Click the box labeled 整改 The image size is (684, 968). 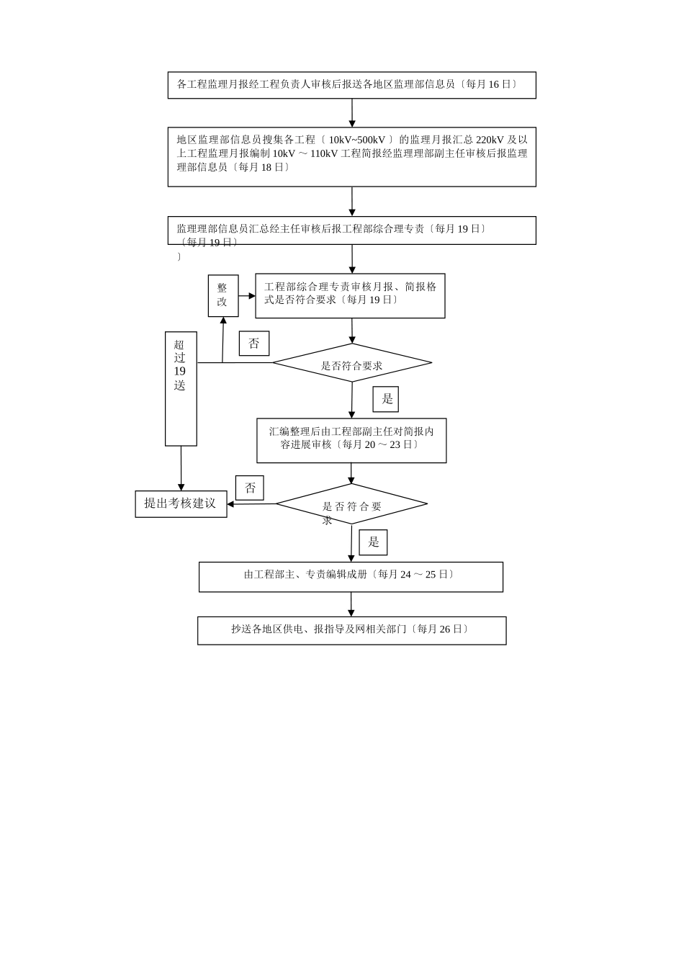pos(222,295)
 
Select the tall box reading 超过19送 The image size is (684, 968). pos(181,388)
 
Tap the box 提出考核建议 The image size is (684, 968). pos(181,503)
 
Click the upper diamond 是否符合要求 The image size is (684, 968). pos(352,363)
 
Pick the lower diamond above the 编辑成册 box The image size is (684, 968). pos(352,504)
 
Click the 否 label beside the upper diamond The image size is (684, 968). pos(254,344)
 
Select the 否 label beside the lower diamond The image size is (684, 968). pos(250,488)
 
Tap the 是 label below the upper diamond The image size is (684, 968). pos(386,399)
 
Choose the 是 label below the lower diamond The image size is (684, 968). pos(373,542)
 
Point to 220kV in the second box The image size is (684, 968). pos(490,140)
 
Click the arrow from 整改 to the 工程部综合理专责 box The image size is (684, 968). pos(247,295)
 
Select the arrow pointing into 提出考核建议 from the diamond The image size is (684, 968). pos(251,504)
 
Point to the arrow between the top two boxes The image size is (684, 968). pos(352,113)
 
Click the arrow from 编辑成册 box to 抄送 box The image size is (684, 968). pos(351,604)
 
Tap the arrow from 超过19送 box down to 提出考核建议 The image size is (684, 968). pos(181,469)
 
